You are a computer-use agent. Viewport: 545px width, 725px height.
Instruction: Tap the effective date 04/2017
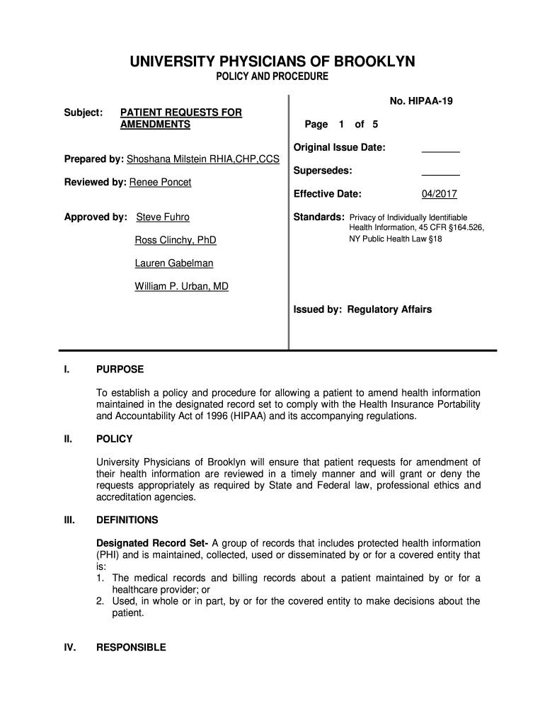(x=440, y=194)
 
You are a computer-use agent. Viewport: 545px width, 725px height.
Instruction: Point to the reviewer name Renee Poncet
(x=159, y=182)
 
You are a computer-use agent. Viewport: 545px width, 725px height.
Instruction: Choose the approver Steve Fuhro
(x=163, y=217)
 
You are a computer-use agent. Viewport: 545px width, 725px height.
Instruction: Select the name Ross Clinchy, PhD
(x=176, y=240)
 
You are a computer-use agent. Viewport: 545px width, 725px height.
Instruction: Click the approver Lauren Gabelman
(x=173, y=263)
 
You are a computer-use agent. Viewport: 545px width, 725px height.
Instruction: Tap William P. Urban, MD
(x=181, y=287)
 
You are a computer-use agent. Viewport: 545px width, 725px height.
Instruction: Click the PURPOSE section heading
(x=120, y=369)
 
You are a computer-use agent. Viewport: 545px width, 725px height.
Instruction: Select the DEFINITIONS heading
(x=127, y=520)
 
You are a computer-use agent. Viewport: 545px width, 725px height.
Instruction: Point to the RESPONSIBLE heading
(x=131, y=647)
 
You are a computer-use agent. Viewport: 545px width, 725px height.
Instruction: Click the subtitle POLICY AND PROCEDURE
(x=272, y=76)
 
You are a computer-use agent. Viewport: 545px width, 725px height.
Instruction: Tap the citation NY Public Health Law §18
(x=395, y=239)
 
